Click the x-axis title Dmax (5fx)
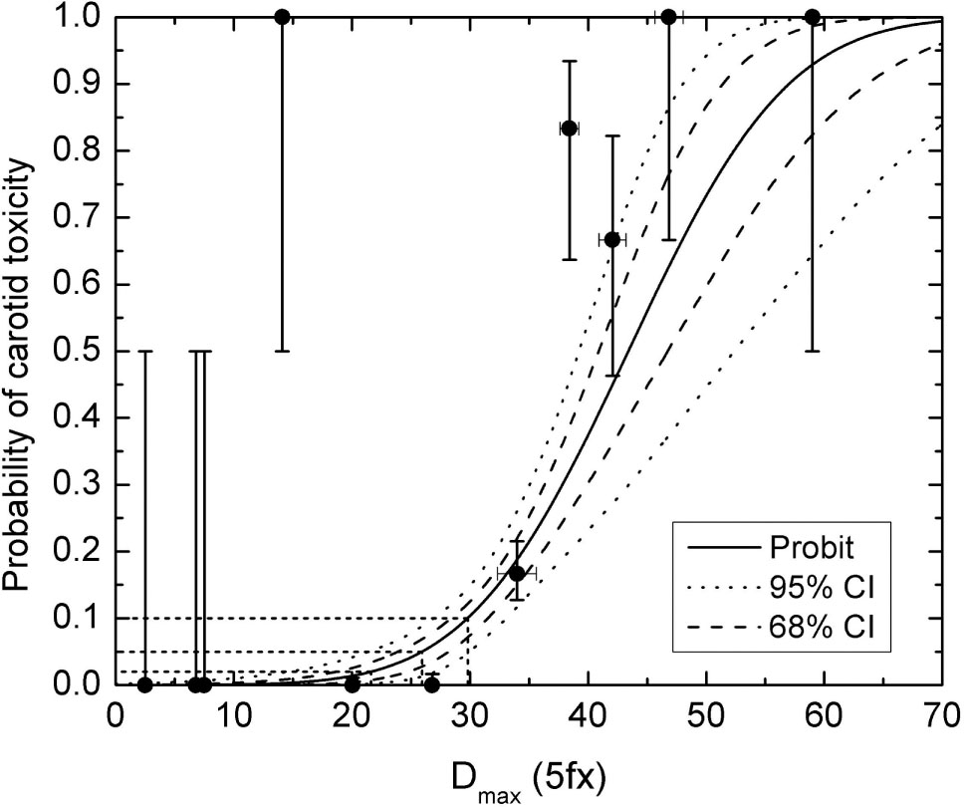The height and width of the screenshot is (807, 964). (x=529, y=774)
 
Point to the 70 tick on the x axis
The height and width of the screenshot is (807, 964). (x=942, y=715)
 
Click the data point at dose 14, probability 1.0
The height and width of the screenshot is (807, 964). (x=282, y=17)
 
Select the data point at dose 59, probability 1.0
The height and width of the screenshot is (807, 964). (x=813, y=17)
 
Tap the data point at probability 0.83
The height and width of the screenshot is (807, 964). (x=570, y=129)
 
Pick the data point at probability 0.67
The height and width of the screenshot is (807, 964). (x=611, y=240)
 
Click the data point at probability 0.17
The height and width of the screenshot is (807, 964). (x=517, y=573)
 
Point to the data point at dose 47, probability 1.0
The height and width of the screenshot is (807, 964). (x=669, y=17)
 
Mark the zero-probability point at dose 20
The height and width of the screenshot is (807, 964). (x=352, y=684)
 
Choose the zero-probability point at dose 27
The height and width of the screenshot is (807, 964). (x=432, y=684)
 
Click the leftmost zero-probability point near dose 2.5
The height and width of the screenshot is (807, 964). (x=145, y=684)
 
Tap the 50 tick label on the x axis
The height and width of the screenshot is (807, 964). (x=705, y=715)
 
